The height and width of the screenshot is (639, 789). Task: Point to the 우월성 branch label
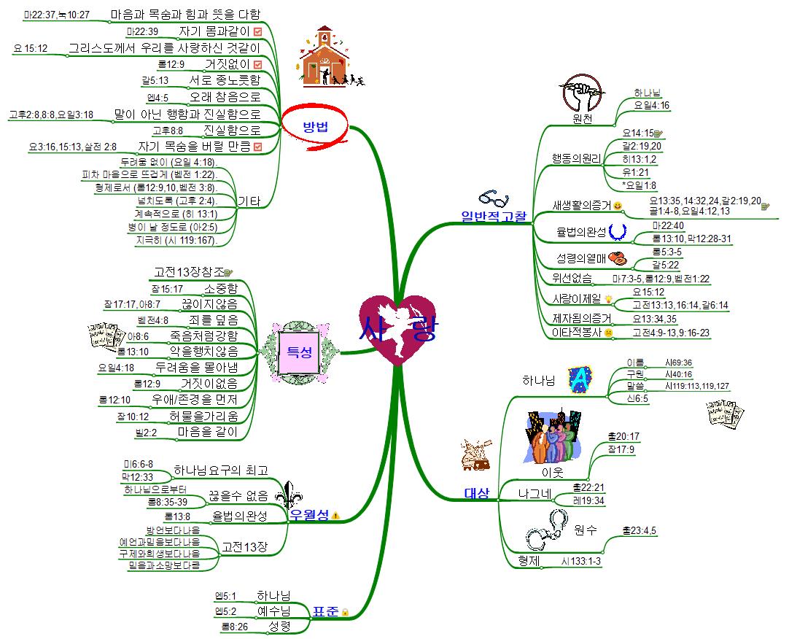(x=309, y=514)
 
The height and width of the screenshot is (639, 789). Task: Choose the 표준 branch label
(x=324, y=612)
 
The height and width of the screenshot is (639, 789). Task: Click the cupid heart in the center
(x=398, y=330)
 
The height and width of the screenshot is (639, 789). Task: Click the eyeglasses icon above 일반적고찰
(x=493, y=198)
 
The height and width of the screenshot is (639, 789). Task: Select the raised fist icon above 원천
(x=583, y=92)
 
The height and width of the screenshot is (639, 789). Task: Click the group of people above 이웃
(x=554, y=436)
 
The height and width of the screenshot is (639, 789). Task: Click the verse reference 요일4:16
(x=651, y=105)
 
